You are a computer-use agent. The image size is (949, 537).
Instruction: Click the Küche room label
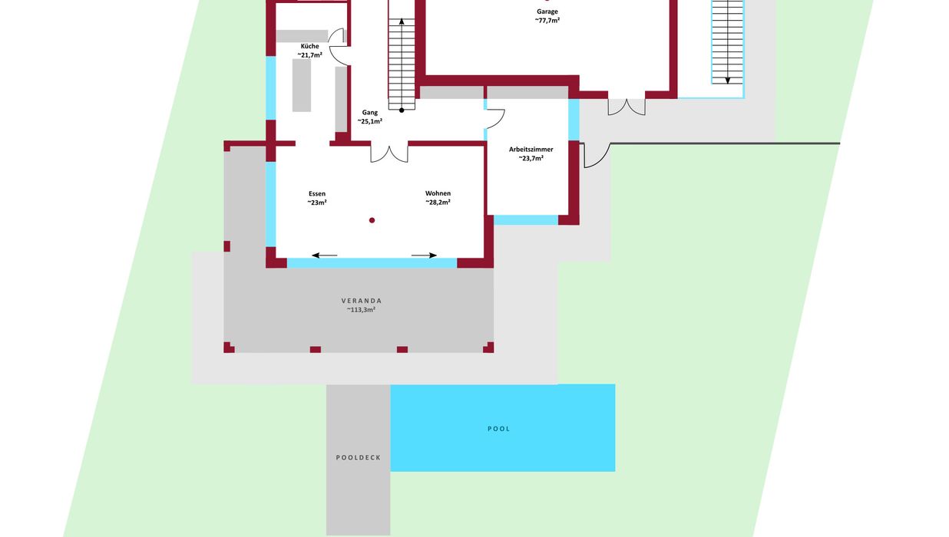pos(309,46)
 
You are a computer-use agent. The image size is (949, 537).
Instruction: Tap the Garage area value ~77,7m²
pos(547,20)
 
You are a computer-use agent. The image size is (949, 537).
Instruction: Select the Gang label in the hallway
pos(370,113)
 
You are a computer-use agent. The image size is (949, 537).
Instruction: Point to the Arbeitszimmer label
pos(531,150)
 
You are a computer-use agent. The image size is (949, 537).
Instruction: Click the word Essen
pos(317,194)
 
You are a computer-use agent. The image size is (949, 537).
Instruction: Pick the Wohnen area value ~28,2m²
pos(438,203)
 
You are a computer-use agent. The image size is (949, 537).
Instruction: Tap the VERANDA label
pos(362,301)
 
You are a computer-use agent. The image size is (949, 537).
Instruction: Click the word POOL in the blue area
pos(498,429)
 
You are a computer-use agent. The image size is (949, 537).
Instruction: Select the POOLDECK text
pos(359,457)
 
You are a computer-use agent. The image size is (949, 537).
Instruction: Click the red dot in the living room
pos(372,220)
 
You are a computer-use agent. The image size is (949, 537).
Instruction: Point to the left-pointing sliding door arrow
pos(325,255)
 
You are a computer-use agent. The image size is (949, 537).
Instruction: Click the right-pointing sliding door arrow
pos(424,255)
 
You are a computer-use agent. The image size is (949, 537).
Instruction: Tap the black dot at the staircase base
pos(402,110)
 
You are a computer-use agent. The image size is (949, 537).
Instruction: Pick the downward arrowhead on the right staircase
pos(727,81)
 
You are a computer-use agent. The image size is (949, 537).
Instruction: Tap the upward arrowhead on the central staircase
pos(402,21)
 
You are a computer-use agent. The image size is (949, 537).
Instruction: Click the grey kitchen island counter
pos(302,85)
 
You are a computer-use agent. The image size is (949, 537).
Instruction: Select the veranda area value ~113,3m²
pos(362,310)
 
